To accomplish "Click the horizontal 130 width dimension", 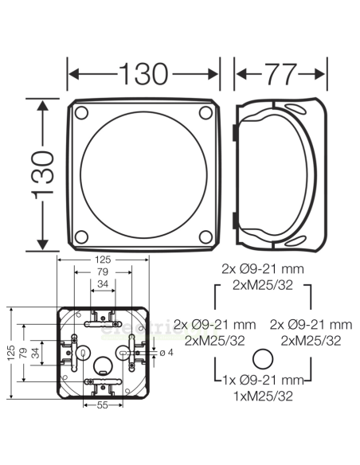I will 144,73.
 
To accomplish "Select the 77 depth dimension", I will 280,73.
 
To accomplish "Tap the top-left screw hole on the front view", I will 82,112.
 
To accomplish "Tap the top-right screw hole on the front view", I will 205,112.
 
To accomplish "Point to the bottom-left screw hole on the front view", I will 82,235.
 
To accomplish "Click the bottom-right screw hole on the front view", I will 205,235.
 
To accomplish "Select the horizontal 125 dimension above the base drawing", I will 101,259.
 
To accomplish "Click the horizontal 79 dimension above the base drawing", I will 101,272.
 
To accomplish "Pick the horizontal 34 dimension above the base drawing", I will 102,283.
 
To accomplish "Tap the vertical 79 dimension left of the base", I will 24,351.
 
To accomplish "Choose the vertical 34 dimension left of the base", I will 35,351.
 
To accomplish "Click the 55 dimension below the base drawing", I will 101,406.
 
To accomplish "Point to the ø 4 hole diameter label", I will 166,352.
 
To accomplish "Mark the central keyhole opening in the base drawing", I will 102,367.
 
